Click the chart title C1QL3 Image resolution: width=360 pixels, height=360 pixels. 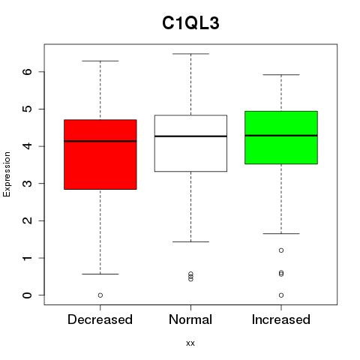pos(190,23)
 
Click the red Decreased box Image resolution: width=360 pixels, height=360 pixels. pos(100,154)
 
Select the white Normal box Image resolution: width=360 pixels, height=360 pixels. pos(190,143)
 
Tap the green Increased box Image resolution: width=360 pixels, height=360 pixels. pos(281,137)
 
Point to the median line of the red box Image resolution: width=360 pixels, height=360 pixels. pos(100,141)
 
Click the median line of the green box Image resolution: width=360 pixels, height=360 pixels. pos(281,136)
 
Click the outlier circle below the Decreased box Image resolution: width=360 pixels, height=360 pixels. pos(100,295)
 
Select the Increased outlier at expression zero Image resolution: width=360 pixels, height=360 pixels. pos(281,295)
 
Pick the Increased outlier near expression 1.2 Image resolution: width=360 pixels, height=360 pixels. pos(281,250)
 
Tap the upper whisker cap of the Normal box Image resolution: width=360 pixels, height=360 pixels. pos(190,54)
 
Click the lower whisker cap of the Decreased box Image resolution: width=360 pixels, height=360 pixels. pos(100,274)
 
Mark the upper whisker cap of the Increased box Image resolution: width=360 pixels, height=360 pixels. pos(281,74)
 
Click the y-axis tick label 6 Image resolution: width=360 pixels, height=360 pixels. pos(28,72)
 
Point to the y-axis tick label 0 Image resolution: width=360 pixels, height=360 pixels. pos(28,295)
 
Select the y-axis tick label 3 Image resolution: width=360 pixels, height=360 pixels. pos(28,184)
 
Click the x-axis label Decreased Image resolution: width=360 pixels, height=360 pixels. pos(100,319)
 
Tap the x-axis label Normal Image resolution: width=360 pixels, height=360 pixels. pos(190,319)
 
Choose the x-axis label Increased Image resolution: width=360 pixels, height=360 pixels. pos(281,319)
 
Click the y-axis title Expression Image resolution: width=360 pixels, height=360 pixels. pos(7,174)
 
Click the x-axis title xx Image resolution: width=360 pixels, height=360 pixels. pos(190,343)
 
